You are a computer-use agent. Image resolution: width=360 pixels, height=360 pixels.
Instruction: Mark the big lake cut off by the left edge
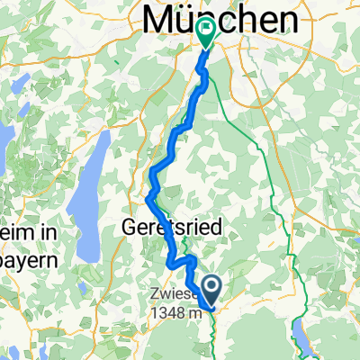coord(7,144)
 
